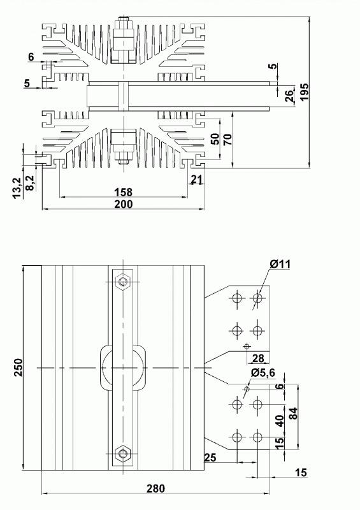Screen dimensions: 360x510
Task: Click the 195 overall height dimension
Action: point(305,92)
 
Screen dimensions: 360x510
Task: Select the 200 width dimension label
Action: point(124,204)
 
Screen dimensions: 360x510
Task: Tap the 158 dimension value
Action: point(124,193)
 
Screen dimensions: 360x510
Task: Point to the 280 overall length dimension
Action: point(155,488)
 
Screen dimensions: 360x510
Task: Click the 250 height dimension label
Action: point(18,368)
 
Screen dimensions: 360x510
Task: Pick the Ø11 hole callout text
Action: point(280,264)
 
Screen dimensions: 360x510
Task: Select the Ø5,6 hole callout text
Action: point(263,373)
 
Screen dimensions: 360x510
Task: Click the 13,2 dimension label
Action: point(17,187)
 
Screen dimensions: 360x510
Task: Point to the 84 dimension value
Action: point(293,413)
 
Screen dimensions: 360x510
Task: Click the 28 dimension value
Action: point(258,358)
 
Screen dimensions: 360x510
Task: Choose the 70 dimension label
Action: point(227,139)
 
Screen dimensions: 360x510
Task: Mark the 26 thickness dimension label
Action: point(289,96)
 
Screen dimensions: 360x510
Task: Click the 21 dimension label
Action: point(197,179)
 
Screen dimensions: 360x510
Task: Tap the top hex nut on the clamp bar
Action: point(122,281)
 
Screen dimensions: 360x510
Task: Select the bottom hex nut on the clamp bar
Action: point(122,453)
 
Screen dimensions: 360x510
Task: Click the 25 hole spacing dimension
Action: point(210,458)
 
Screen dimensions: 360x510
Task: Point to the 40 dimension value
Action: point(280,421)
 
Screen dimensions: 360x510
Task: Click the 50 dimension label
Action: point(215,139)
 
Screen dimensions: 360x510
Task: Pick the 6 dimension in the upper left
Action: point(31,57)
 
